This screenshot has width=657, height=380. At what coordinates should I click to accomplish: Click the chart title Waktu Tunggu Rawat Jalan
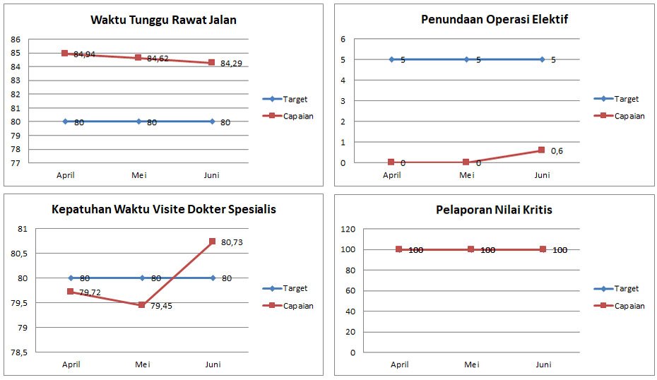163,20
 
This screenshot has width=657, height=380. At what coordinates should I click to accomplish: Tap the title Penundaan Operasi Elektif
495,19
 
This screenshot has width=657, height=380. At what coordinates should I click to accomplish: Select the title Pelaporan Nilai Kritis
494,210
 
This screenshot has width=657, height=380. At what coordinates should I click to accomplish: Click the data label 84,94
84,54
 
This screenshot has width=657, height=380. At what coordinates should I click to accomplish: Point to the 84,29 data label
231,64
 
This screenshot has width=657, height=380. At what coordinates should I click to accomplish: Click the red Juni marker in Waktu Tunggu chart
212,62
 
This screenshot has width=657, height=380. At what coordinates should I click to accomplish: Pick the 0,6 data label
557,151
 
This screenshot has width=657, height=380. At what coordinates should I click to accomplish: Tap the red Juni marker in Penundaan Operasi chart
541,150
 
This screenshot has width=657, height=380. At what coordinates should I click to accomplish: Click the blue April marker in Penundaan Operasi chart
392,59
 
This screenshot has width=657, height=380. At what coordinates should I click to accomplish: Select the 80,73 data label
232,242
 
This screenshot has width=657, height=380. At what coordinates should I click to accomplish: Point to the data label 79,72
90,292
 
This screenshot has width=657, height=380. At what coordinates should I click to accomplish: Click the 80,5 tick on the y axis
19,254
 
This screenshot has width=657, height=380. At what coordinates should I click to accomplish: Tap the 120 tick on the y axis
348,229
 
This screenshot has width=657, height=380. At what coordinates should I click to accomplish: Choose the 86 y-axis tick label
16,40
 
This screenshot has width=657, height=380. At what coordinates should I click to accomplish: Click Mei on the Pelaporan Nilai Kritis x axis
471,364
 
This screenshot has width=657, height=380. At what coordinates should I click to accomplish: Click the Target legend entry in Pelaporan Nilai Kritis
616,289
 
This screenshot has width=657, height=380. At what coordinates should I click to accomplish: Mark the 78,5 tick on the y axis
19,352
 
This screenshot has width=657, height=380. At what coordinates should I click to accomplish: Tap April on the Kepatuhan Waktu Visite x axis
71,364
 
